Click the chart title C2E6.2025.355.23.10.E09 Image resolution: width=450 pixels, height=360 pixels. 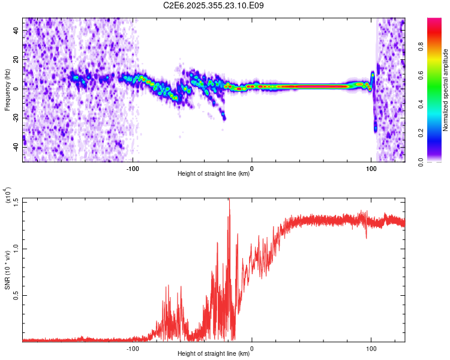point(214,6)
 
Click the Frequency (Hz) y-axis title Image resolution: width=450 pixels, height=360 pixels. point(7,90)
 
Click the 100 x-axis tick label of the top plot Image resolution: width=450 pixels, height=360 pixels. point(371,168)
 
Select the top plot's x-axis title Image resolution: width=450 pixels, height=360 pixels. point(214,174)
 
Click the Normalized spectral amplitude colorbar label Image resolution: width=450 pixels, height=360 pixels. point(446,90)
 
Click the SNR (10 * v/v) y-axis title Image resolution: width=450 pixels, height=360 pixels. point(8,270)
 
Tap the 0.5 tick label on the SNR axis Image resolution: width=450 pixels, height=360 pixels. point(16,295)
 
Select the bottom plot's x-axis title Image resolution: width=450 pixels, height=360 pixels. point(214,354)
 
